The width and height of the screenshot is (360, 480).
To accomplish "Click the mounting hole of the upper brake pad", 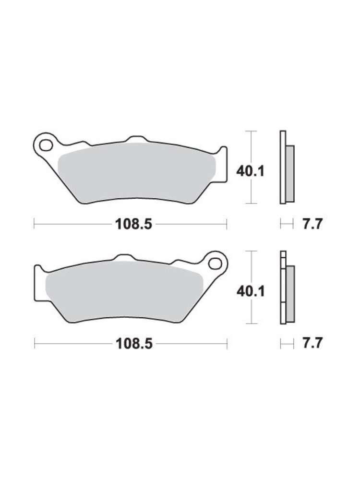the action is coord(46,146).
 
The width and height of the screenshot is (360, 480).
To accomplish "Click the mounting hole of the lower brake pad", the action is coord(215,263).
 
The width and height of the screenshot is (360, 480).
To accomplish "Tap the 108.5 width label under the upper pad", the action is coord(133,224).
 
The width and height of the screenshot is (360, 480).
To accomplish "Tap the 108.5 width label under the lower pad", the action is coord(134,344).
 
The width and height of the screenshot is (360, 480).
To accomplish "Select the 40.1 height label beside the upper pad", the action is coord(250,171).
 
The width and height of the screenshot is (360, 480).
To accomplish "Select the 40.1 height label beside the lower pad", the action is coord(251,291).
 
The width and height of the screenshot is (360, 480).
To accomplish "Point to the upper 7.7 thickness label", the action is coord(312,224).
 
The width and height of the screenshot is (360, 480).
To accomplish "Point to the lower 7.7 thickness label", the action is coord(312,343).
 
